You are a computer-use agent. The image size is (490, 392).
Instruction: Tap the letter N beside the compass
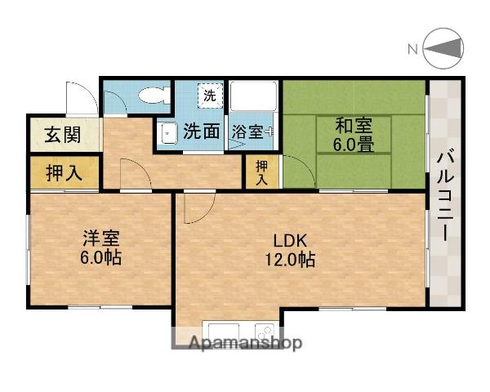413,50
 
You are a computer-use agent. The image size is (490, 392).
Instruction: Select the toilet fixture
151,96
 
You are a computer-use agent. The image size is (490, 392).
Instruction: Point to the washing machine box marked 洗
211,96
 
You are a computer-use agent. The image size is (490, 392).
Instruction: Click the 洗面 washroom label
201,131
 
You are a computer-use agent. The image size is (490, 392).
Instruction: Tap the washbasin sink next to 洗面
167,133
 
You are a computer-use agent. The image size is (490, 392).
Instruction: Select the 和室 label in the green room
354,126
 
